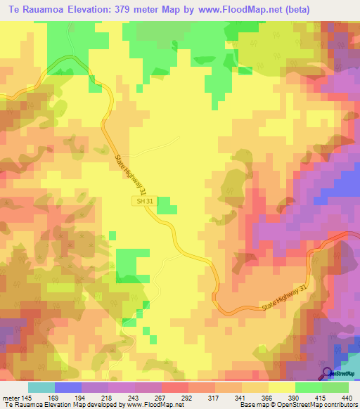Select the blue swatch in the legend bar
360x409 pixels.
pyautogui.click(x=67, y=387)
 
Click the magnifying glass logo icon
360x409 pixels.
pyautogui.click(x=328, y=373)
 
